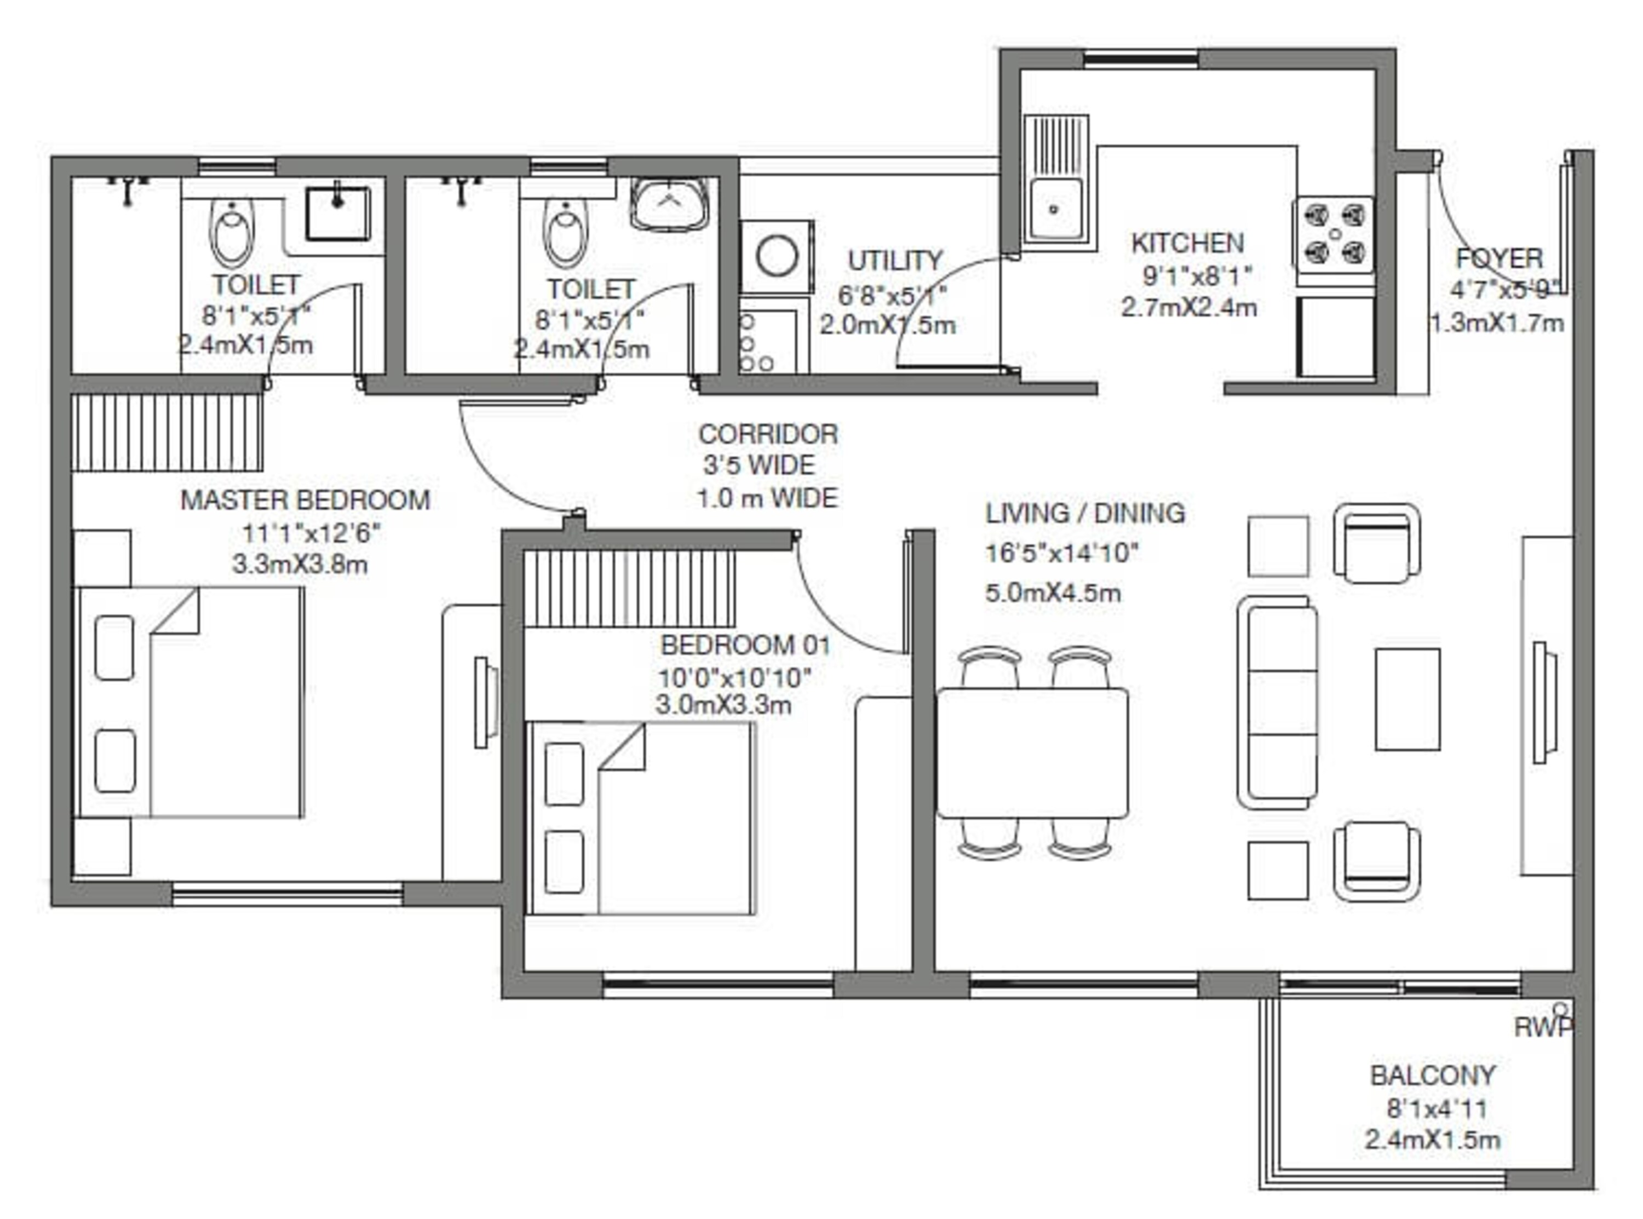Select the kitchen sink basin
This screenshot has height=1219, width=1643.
click(x=1055, y=210)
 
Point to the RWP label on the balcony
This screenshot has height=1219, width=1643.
click(x=1542, y=1027)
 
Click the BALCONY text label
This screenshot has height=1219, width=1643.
click(x=1432, y=1075)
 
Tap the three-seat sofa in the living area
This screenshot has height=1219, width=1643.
click(x=1278, y=703)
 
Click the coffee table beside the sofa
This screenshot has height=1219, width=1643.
click(x=1407, y=699)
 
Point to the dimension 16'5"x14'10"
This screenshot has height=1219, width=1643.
click(x=1061, y=553)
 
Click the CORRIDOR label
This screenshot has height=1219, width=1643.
click(x=768, y=434)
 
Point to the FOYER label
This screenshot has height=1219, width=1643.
click(x=1499, y=258)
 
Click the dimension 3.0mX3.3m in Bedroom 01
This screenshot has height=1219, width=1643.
click(x=723, y=705)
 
